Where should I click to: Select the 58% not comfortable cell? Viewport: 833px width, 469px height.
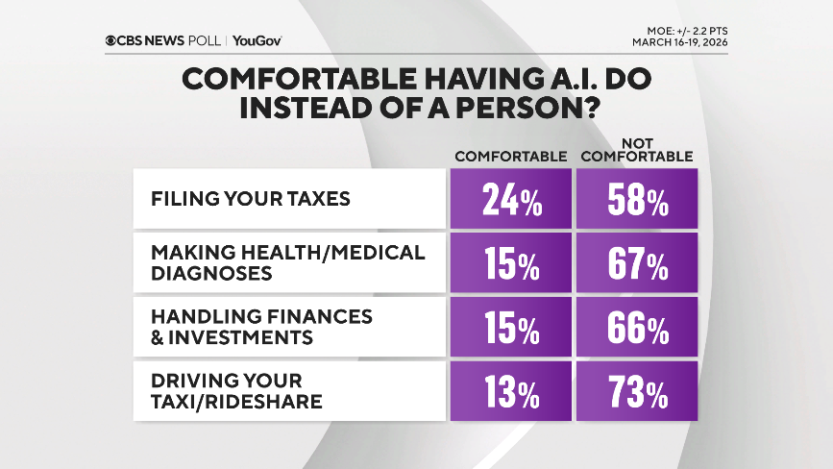(636, 200)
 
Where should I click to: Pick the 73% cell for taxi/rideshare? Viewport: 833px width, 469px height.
(636, 391)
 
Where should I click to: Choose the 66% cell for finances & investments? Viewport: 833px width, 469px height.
(636, 328)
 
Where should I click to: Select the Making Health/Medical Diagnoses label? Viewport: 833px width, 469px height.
(286, 262)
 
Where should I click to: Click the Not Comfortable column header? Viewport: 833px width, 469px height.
(637, 150)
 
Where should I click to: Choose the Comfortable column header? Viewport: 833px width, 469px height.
(510, 156)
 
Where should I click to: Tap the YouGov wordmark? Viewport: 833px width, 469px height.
(257, 40)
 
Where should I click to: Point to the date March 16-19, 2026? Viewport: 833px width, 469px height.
(679, 42)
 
